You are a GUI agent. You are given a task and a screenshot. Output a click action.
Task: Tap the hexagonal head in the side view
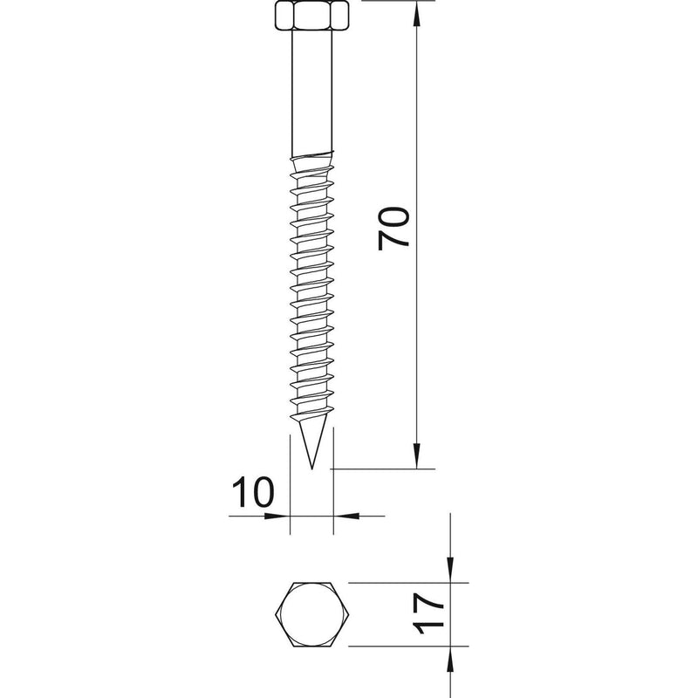click(312, 16)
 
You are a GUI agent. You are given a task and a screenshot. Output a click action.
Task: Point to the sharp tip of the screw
click(312, 469)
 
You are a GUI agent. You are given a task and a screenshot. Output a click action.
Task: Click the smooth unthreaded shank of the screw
click(312, 92)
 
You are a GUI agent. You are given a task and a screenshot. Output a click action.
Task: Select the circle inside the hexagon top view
click(312, 614)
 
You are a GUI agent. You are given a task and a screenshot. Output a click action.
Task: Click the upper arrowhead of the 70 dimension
click(417, 13)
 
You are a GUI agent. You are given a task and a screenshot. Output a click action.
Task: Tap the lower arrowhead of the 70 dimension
click(417, 456)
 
